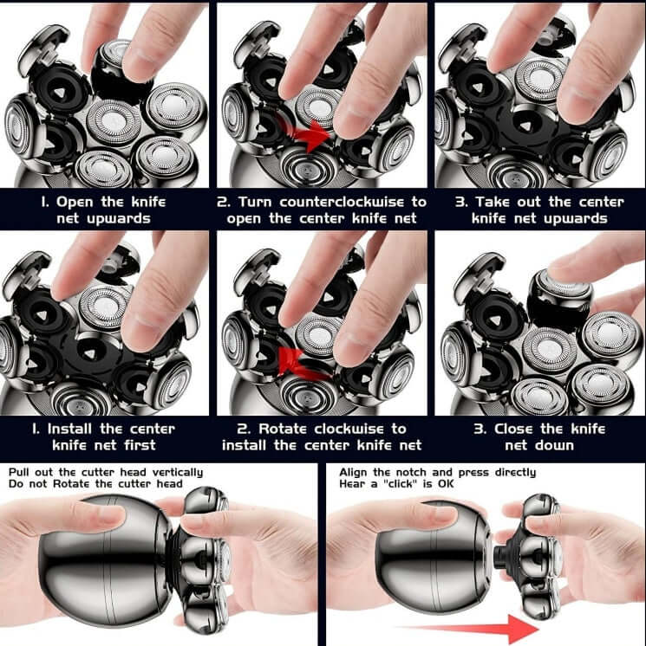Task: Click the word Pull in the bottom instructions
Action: (22, 472)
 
